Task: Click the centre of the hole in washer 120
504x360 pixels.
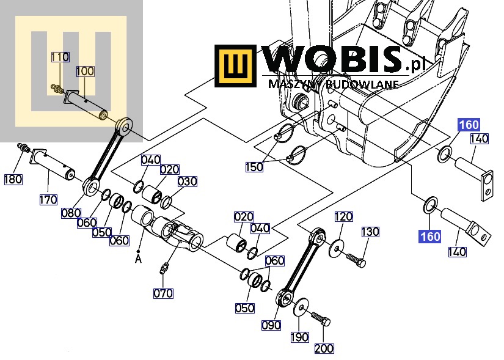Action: pos(336,249)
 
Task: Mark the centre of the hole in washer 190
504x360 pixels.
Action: pos(301,308)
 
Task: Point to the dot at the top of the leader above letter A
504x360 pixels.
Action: pos(138,251)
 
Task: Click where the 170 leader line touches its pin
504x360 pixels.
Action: pos(48,170)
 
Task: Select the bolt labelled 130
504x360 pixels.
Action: pos(356,260)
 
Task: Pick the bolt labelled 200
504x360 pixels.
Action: pos(321,318)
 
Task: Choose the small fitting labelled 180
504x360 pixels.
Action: pos(24,148)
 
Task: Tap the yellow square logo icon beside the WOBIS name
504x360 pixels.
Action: pos(235,65)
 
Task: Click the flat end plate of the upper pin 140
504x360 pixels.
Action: pos(487,186)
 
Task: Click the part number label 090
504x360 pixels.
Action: pos(271,325)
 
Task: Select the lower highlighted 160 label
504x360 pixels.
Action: pos(429,237)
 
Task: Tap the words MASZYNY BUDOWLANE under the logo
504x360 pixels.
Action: pos(333,84)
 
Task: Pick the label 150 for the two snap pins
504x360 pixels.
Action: pos(254,167)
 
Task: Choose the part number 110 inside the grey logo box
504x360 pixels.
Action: pos(60,57)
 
